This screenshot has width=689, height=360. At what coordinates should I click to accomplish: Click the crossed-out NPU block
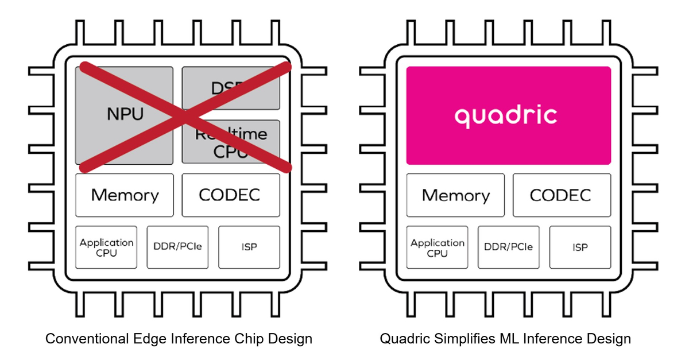point(124,114)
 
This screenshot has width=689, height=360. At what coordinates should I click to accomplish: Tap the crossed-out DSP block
point(231,88)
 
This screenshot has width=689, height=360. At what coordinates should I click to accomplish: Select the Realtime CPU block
point(231,142)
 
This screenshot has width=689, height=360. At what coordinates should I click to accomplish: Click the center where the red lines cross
point(184,117)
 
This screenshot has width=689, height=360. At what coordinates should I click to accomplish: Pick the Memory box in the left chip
point(125,195)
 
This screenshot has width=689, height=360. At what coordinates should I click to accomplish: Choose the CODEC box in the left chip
point(231,195)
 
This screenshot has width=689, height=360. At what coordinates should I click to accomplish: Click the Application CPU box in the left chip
point(107,247)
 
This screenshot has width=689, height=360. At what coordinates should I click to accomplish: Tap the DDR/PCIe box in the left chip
point(178,247)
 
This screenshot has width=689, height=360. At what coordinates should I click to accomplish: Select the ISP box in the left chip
point(249,247)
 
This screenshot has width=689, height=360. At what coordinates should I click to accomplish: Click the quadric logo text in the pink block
point(506,115)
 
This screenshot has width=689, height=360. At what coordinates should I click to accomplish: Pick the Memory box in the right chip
point(455,195)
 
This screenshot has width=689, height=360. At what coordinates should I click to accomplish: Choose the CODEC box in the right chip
point(561,195)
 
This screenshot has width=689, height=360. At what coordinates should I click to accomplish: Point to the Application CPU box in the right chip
point(438,247)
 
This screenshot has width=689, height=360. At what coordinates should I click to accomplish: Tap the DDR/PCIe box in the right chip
point(509,247)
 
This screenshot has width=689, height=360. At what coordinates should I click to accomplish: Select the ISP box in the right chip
point(580,247)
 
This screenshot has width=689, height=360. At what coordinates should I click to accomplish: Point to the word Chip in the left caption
point(239,339)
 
